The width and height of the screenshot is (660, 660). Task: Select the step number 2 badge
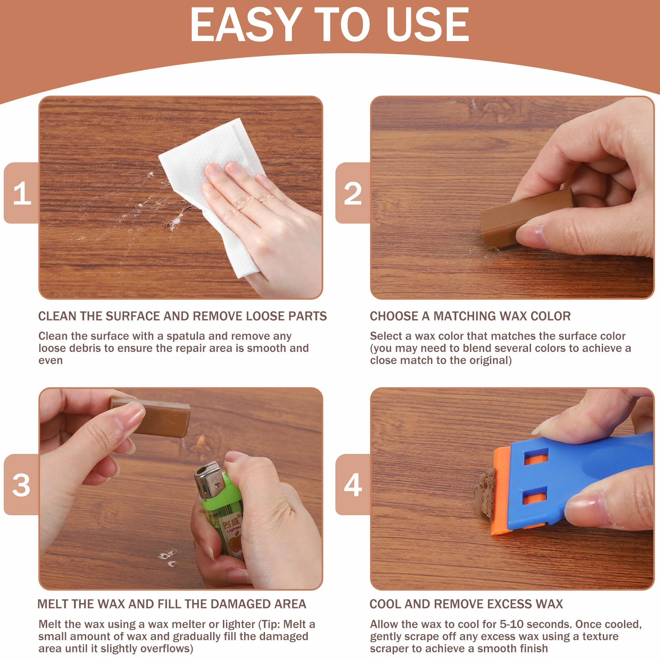[x=353, y=193]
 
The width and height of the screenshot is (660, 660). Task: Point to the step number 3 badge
[x=21, y=485]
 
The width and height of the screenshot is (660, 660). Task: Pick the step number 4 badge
[x=353, y=485]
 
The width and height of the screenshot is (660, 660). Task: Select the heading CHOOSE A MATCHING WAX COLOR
[x=470, y=316]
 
